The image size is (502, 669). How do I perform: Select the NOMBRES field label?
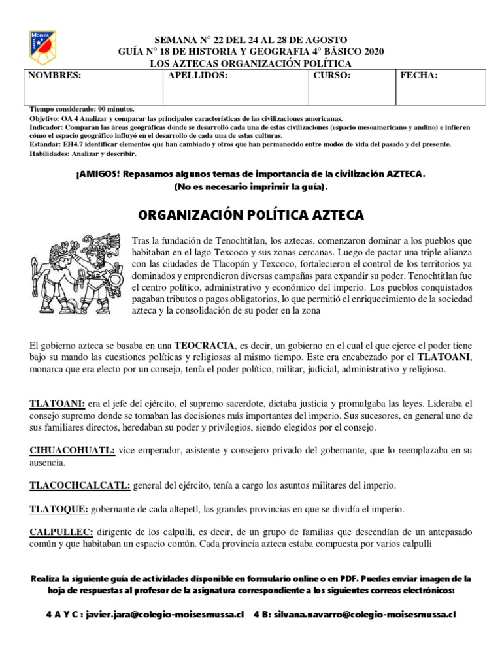tap(54, 76)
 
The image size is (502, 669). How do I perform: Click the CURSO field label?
tap(332, 76)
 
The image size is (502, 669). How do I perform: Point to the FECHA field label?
tap(419, 76)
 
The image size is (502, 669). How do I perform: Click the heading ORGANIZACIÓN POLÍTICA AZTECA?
tap(252, 215)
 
